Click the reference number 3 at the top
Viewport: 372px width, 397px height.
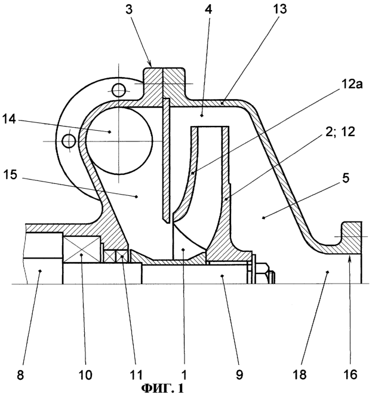[129, 10]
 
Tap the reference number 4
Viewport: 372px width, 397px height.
[208, 9]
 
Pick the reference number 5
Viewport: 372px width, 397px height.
[346, 178]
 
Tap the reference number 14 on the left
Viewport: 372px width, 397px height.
[10, 119]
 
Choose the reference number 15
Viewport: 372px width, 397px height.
[11, 175]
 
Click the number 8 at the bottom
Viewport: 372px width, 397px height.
[20, 375]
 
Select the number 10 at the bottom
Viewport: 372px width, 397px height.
[85, 375]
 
